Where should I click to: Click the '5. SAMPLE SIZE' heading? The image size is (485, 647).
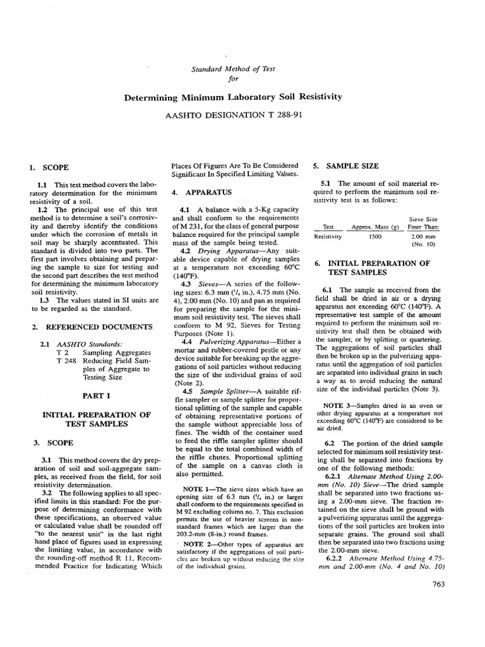pos(346,166)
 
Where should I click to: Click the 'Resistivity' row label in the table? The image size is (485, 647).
pos(328,236)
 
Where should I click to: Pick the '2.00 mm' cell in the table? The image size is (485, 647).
pos(421,236)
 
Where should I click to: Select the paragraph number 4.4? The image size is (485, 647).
pos(186,341)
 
